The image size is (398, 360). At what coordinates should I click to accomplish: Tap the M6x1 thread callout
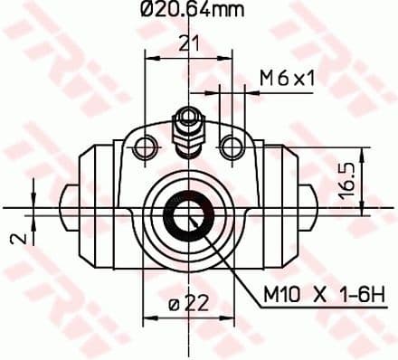click(x=287, y=80)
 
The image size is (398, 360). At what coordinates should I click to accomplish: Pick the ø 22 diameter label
click(x=188, y=305)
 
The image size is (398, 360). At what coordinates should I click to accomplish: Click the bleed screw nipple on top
click(x=188, y=126)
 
